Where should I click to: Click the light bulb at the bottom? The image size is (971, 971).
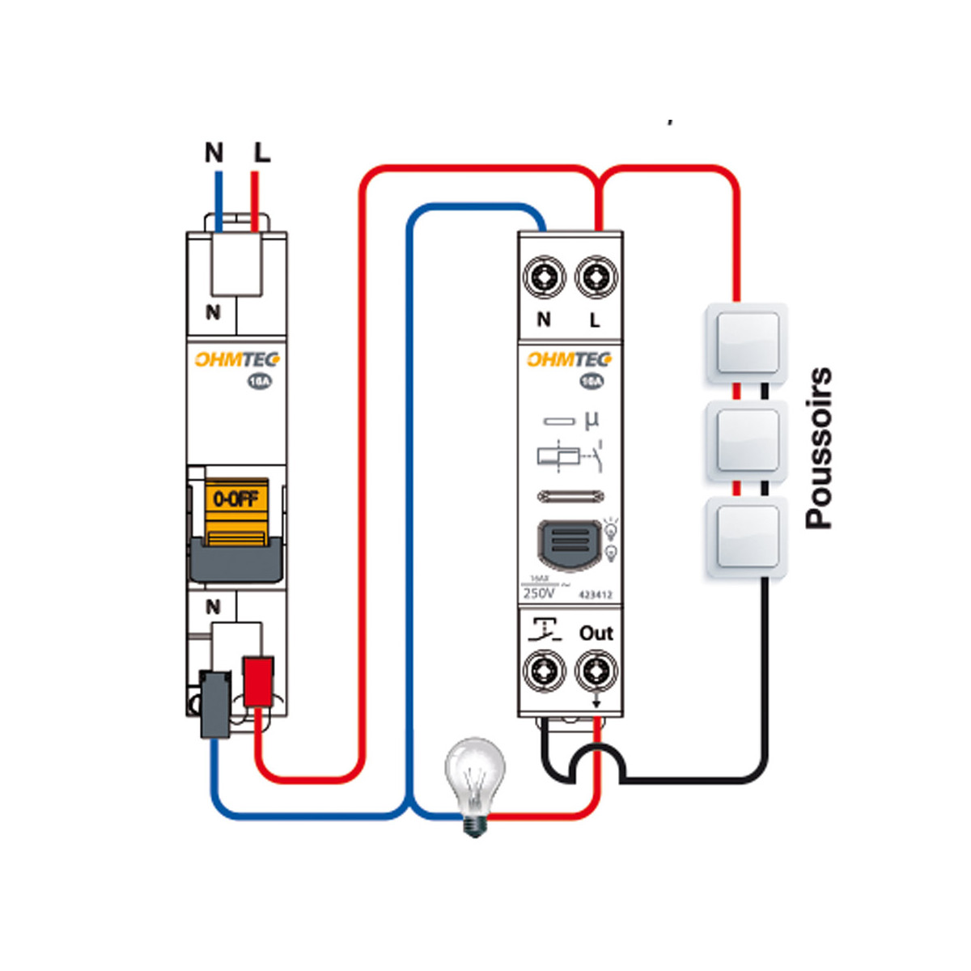[x=476, y=781]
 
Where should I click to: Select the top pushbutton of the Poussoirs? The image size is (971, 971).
[x=746, y=343]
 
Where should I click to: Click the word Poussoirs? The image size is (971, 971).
[x=819, y=448]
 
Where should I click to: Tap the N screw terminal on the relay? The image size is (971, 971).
[x=544, y=278]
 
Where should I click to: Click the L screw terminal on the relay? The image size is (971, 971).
[x=596, y=278]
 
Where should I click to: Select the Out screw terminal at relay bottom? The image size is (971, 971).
[x=596, y=671]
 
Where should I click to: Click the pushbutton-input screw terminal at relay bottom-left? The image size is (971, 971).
[x=544, y=671]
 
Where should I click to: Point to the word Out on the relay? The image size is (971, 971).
[x=596, y=633]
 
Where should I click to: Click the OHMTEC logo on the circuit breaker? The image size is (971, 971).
[x=236, y=359]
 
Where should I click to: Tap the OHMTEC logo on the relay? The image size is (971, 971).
[x=569, y=359]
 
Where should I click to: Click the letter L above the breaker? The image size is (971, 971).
[x=262, y=152]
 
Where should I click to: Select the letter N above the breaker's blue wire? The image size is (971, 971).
[x=214, y=152]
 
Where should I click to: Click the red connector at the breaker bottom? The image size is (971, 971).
[x=258, y=681]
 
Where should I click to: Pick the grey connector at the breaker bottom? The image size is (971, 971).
[x=215, y=702]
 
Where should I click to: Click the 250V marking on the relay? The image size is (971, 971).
[x=539, y=593]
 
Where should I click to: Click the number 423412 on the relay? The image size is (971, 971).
[x=595, y=595]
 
